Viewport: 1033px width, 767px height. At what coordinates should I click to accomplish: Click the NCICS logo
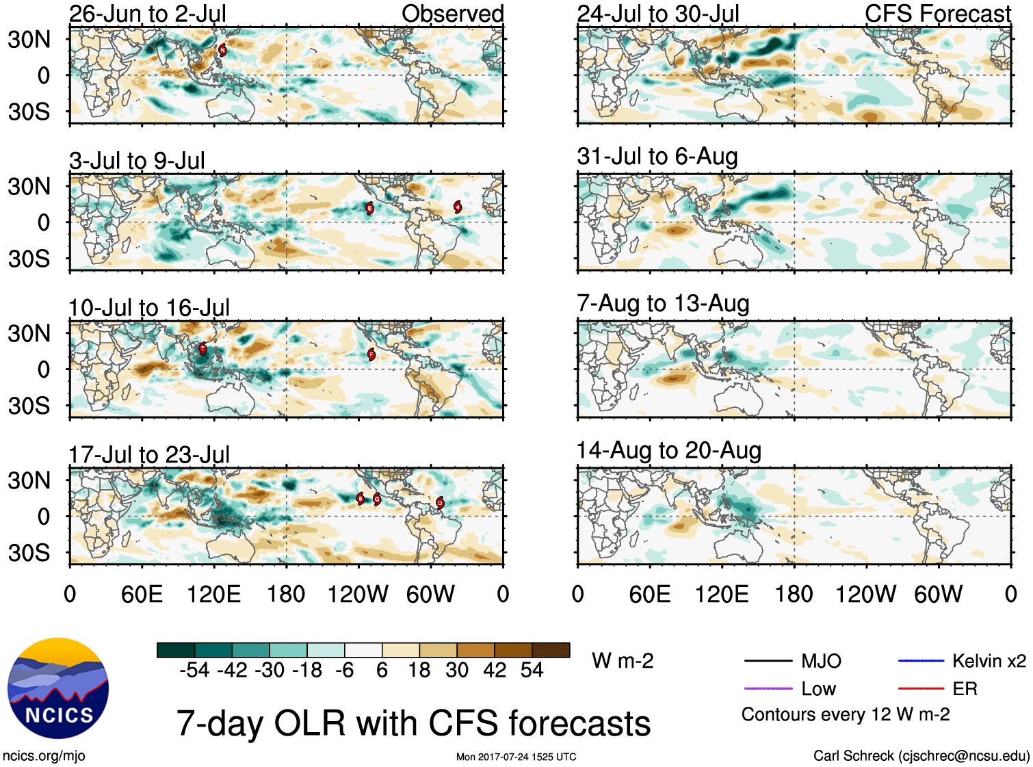coord(58,688)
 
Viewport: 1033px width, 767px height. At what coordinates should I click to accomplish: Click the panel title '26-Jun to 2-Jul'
coord(148,14)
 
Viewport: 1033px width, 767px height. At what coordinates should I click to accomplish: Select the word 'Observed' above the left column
coord(452,14)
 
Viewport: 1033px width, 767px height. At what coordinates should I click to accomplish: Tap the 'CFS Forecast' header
coord(937,14)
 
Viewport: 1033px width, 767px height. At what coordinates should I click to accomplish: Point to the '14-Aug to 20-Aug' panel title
coord(668,451)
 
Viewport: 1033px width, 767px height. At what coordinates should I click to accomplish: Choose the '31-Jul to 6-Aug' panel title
coord(657,157)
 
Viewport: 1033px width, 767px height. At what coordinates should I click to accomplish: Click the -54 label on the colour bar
coord(194,670)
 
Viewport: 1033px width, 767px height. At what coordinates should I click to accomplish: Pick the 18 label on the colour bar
coord(419,670)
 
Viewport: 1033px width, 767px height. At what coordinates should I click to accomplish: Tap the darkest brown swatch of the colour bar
coord(551,650)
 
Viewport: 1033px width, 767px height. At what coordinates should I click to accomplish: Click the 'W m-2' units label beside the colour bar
coord(623,661)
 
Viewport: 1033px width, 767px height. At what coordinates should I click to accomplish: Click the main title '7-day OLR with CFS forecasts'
coord(413,723)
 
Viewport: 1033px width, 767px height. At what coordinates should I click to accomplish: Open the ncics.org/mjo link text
coord(44,756)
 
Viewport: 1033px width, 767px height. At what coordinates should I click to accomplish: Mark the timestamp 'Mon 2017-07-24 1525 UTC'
coord(516,757)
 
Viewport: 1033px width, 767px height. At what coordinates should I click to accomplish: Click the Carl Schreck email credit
coord(921,756)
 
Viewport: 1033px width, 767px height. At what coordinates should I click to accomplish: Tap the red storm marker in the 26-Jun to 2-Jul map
coord(222,50)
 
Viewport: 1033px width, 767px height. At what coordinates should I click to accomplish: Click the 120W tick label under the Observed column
coord(358,594)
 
